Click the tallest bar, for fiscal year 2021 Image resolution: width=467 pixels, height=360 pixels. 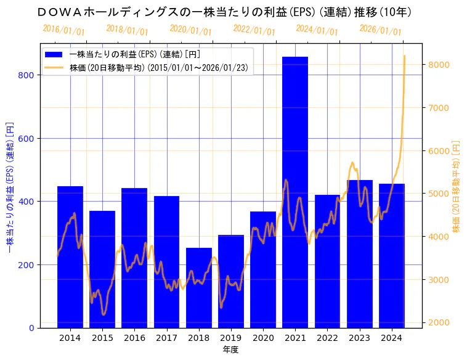click(x=295, y=192)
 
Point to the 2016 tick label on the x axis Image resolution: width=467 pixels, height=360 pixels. click(x=134, y=338)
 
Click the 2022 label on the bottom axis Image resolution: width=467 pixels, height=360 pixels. click(x=327, y=338)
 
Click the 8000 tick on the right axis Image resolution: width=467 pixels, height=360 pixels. click(x=439, y=65)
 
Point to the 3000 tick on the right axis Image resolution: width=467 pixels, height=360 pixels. click(x=439, y=279)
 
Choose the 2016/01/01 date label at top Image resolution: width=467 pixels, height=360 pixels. click(x=64, y=30)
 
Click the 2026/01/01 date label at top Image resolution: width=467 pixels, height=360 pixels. click(x=380, y=30)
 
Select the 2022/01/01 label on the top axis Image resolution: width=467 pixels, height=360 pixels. click(x=254, y=30)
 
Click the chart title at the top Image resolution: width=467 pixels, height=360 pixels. click(x=224, y=12)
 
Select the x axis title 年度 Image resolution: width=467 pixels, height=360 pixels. click(x=231, y=350)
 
